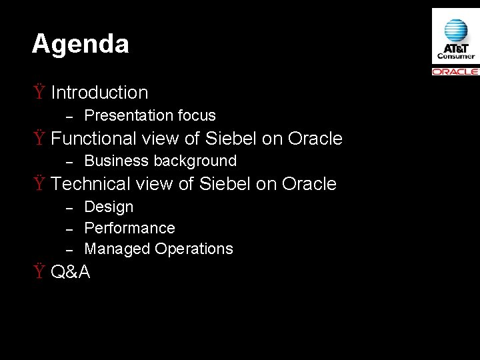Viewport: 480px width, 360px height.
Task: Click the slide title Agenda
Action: (x=80, y=45)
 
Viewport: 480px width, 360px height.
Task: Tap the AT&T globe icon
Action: (x=455, y=29)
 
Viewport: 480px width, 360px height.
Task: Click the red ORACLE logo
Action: (x=455, y=71)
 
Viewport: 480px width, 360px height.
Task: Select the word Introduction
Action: (x=99, y=92)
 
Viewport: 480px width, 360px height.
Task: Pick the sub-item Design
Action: (x=109, y=207)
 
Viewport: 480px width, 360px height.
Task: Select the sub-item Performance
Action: (x=129, y=228)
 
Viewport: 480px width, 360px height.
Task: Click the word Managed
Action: (x=117, y=249)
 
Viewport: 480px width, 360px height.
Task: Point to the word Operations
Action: (x=194, y=249)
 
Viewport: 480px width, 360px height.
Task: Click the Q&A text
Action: (x=71, y=272)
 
